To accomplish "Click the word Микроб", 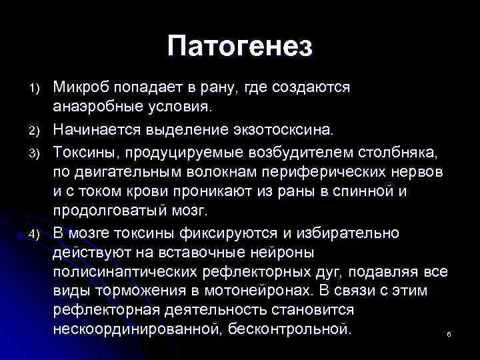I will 81,87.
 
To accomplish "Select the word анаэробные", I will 96,107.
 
